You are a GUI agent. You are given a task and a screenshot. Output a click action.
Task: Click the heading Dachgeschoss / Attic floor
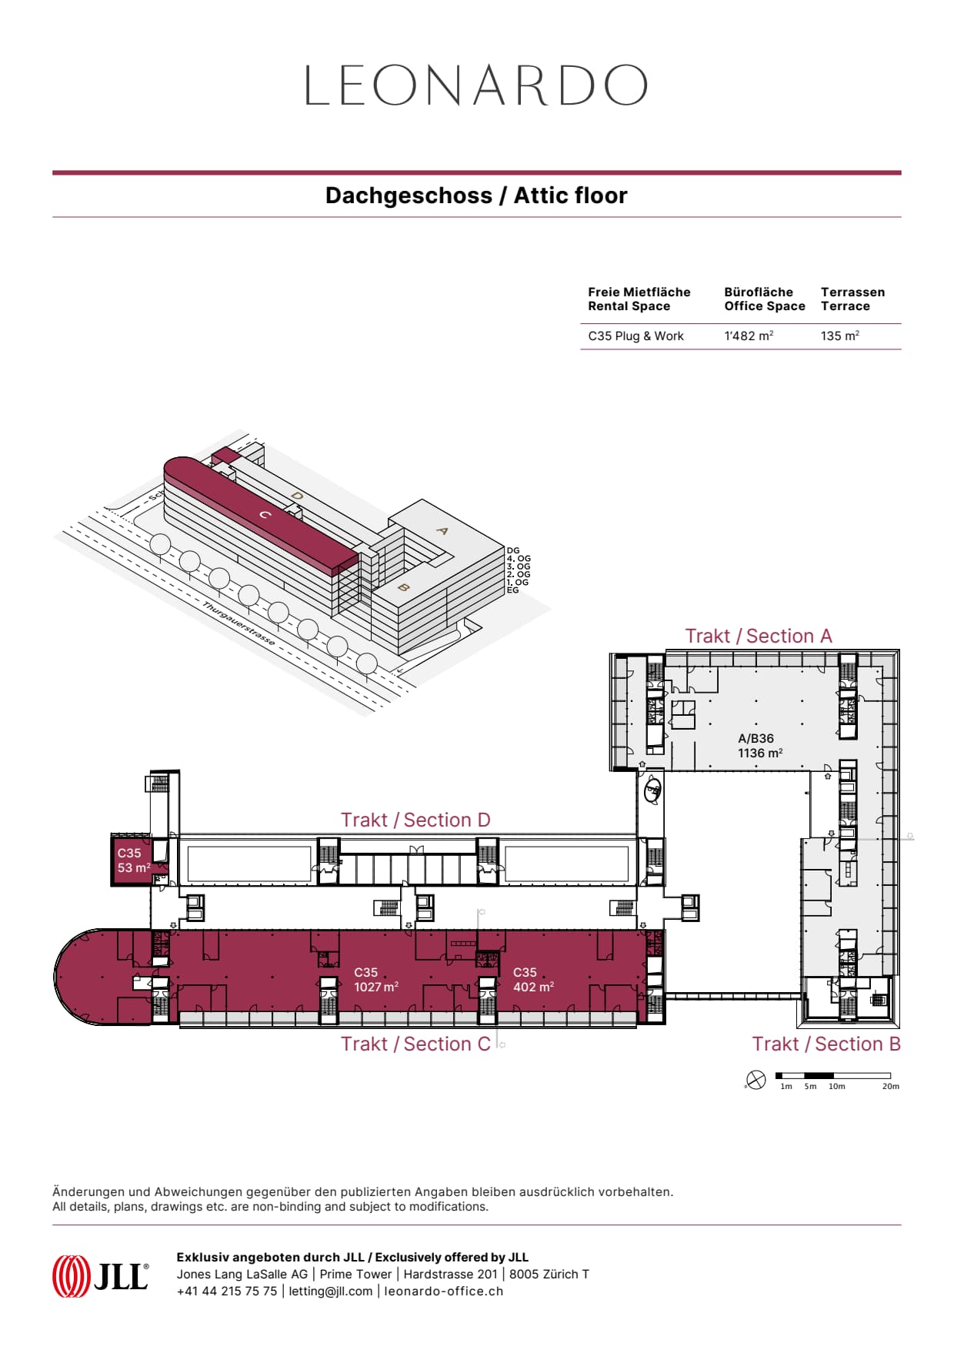click(x=476, y=195)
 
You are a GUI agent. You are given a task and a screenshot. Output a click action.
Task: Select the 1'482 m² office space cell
click(x=749, y=336)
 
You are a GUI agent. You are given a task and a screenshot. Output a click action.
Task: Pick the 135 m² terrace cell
click(x=839, y=336)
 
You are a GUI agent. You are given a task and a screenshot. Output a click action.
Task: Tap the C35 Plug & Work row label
click(x=635, y=336)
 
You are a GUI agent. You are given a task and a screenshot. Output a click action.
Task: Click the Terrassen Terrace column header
click(x=852, y=299)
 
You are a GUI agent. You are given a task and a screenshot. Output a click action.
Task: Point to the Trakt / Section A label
click(x=759, y=637)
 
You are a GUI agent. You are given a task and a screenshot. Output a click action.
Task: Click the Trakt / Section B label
click(x=826, y=1044)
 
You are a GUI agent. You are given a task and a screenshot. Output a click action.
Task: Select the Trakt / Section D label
click(x=415, y=820)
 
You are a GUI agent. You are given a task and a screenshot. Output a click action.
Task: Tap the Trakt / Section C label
click(x=415, y=1044)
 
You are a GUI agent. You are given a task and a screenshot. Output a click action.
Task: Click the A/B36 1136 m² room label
click(x=759, y=746)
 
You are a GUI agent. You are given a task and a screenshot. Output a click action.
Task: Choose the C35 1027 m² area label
click(x=375, y=980)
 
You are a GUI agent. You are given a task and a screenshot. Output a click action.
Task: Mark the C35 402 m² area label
click(x=533, y=980)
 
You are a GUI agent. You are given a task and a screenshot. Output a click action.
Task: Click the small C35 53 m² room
click(x=133, y=860)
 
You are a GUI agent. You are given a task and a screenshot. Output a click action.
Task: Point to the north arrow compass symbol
click(x=756, y=1081)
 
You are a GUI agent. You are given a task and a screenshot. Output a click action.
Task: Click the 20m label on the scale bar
click(x=890, y=1087)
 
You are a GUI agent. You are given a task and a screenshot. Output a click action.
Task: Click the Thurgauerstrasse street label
click(x=239, y=623)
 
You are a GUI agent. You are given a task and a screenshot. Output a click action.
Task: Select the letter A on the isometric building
click(x=442, y=530)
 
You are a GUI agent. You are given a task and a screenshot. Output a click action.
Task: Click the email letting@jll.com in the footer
click(x=330, y=1292)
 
